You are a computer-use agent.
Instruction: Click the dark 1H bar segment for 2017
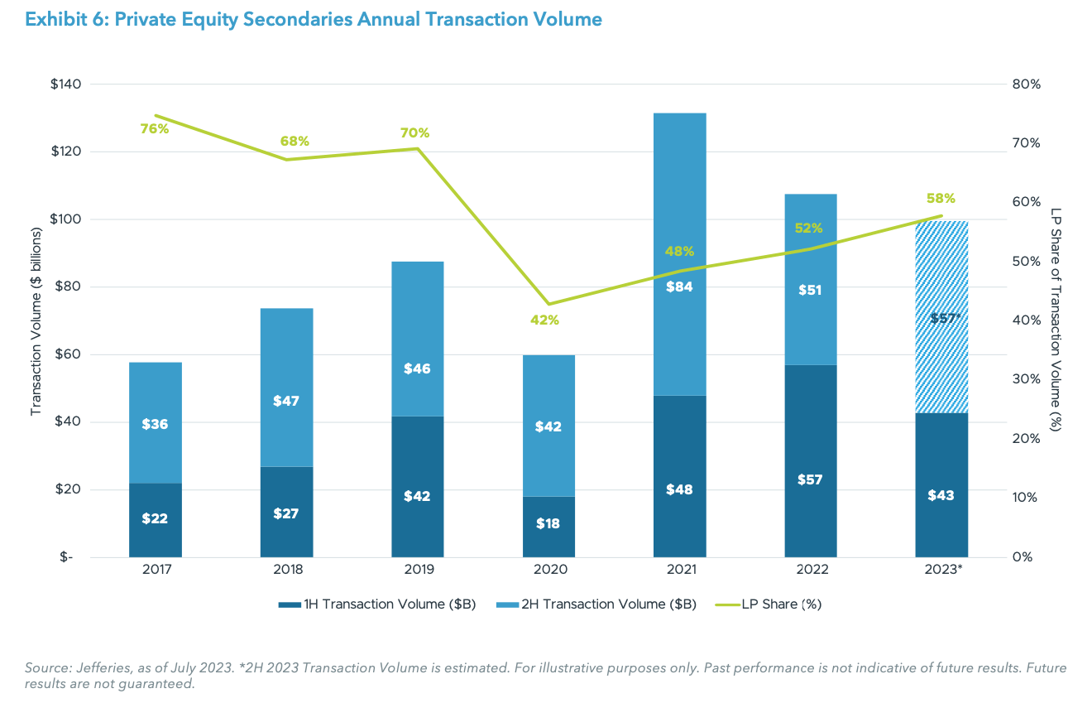tap(155, 520)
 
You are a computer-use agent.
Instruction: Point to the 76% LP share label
tap(154, 128)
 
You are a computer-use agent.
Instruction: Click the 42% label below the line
tap(545, 320)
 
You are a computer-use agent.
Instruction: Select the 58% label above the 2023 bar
tap(941, 199)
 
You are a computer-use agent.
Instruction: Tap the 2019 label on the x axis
tap(417, 570)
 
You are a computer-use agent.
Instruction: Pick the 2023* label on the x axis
tap(941, 570)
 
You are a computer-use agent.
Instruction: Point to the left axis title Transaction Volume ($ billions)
tap(36, 320)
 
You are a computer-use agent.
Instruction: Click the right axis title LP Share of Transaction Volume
tap(1056, 320)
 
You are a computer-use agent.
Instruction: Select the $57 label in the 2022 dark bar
tap(810, 479)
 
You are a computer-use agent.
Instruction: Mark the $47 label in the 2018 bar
tap(286, 401)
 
